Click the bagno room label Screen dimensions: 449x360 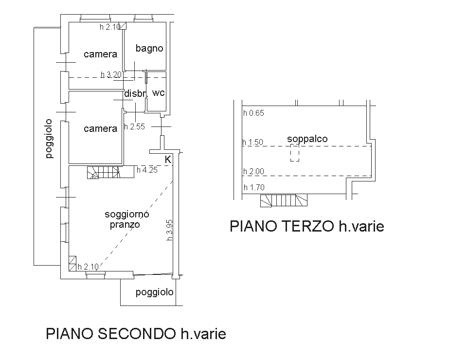click(149, 48)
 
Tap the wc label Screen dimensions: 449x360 click(159, 93)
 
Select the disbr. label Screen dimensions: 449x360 click(136, 93)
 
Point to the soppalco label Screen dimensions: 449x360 click(307, 139)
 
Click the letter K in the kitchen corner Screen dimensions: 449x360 click(168, 160)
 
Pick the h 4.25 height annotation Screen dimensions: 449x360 click(147, 170)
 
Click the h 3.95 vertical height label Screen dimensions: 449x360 click(169, 230)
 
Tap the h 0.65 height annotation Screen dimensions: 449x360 click(254, 113)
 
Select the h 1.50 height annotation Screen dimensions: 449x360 click(252, 143)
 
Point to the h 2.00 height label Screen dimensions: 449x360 click(254, 172)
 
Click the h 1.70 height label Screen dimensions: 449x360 click(254, 188)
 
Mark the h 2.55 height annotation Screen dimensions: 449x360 click(135, 126)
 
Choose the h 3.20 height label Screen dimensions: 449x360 click(111, 75)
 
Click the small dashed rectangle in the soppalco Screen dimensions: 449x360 click(295, 153)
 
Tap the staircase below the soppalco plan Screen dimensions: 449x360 click(284, 200)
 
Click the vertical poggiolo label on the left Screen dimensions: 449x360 click(49, 139)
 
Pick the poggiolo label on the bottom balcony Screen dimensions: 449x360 click(155, 292)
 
